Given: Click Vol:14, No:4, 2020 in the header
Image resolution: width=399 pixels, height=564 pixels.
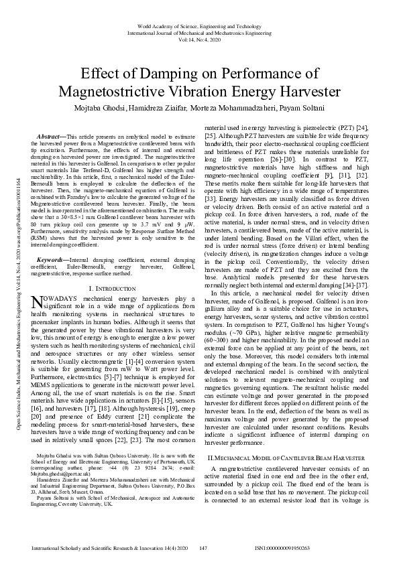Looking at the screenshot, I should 199,39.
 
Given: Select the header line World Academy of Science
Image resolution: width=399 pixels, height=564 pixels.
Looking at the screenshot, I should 199,25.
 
